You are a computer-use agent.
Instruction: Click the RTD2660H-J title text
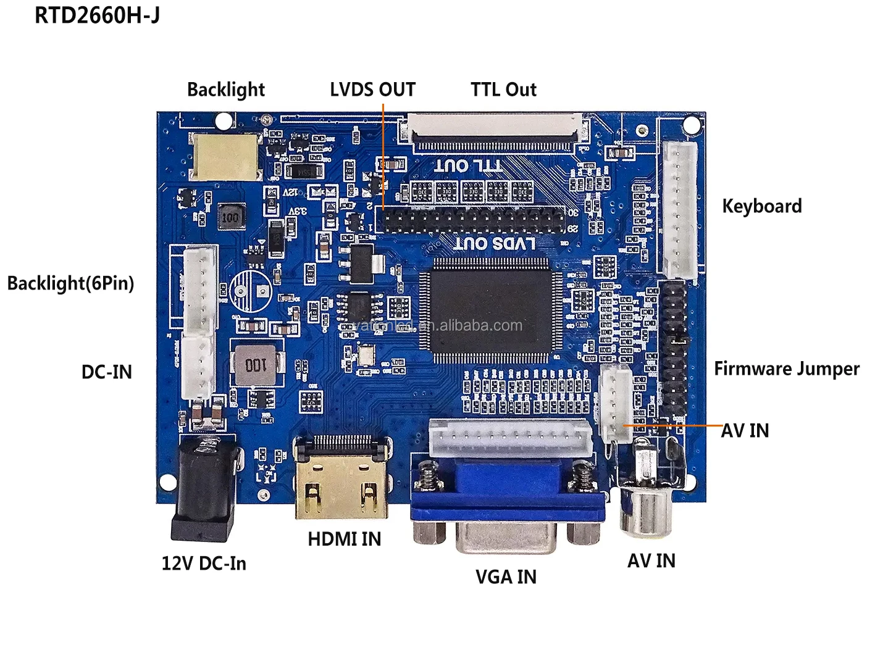tap(97, 15)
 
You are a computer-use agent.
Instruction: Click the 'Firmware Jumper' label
tap(786, 369)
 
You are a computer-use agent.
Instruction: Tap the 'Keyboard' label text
tap(761, 206)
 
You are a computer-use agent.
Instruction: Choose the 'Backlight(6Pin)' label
tap(70, 283)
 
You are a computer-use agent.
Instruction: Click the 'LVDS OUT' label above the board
tap(372, 90)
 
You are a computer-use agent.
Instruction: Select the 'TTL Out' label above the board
tap(503, 90)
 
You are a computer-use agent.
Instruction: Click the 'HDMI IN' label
tap(344, 539)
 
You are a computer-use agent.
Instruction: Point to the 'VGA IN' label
tap(506, 577)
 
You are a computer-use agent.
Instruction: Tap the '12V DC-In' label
tap(204, 563)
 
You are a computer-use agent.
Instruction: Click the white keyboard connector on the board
tap(680, 210)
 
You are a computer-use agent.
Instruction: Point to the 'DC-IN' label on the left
tap(107, 372)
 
